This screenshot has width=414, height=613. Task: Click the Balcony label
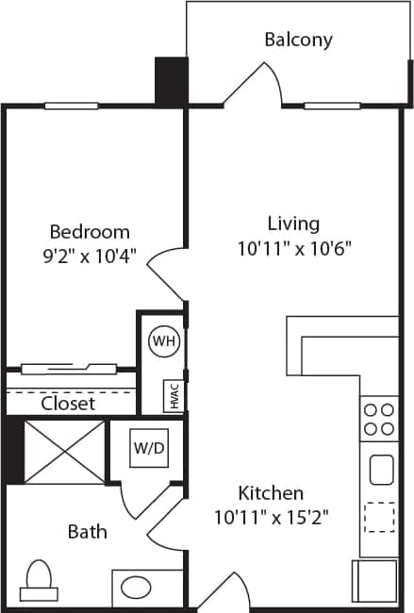(298, 40)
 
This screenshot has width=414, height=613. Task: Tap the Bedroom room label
(90, 232)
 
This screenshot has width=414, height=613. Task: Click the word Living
(293, 224)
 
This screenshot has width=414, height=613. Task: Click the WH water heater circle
(164, 340)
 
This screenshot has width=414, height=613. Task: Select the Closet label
(68, 403)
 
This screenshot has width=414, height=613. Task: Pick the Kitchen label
(271, 493)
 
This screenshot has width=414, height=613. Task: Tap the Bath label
(87, 532)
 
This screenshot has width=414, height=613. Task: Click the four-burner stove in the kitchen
(379, 419)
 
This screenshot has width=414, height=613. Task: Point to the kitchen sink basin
(381, 469)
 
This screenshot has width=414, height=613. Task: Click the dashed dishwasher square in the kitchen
(380, 518)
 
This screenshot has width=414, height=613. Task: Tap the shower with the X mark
(64, 452)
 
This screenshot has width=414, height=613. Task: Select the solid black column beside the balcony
(171, 80)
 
